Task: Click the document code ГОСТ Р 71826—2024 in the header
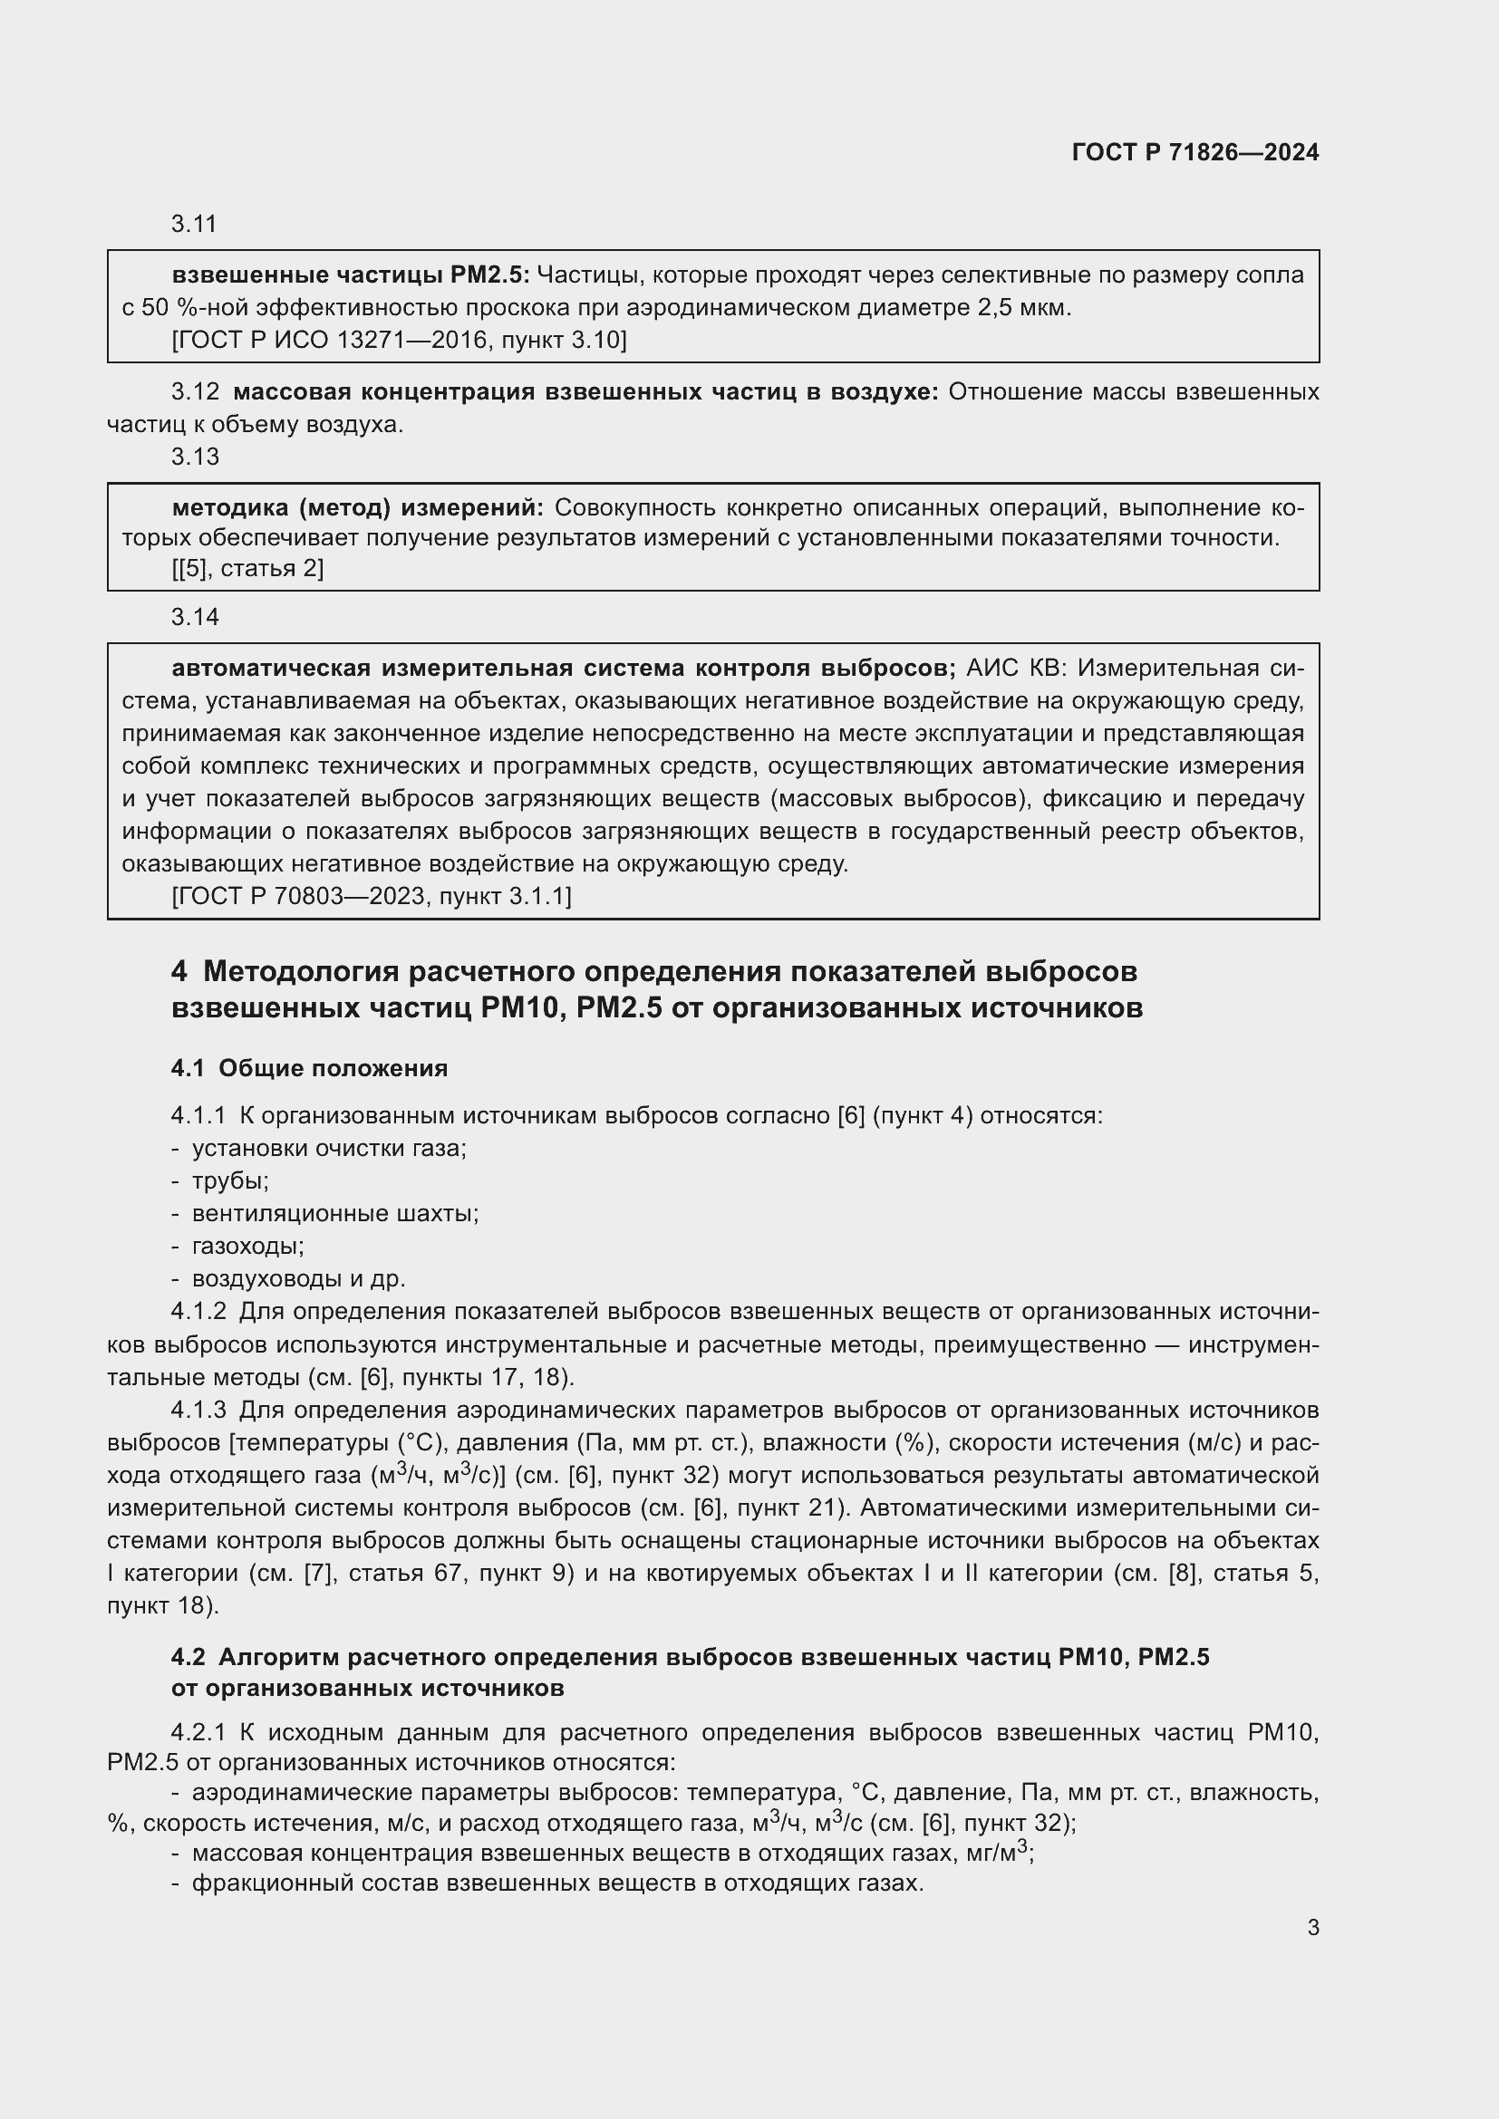pyautogui.click(x=1194, y=152)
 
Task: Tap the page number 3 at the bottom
pyautogui.click(x=1312, y=1927)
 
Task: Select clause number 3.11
pyautogui.click(x=194, y=225)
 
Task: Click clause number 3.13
pyautogui.click(x=195, y=457)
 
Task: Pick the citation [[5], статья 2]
pyautogui.click(x=247, y=569)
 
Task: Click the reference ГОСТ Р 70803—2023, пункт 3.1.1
pyautogui.click(x=371, y=896)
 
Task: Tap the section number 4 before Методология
pyautogui.click(x=179, y=971)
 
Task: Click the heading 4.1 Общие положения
pyautogui.click(x=309, y=1068)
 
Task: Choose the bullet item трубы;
pyautogui.click(x=230, y=1181)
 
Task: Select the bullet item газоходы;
pyautogui.click(x=247, y=1246)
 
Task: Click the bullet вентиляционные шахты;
pyautogui.click(x=335, y=1214)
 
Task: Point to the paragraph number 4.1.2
pyautogui.click(x=198, y=1312)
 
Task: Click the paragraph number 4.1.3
pyautogui.click(x=198, y=1410)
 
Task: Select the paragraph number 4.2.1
pyautogui.click(x=198, y=1732)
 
